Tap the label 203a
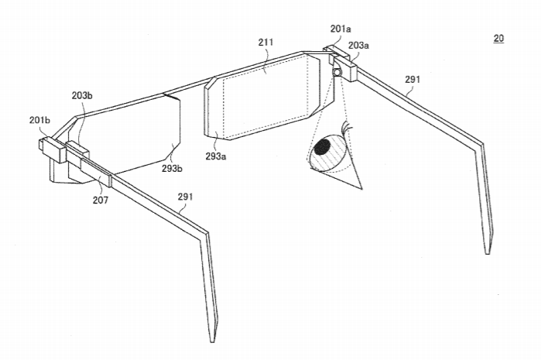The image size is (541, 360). pos(358,46)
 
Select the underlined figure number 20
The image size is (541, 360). pos(498,38)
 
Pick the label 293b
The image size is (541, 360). pos(173,166)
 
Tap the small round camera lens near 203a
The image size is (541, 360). pos(337,71)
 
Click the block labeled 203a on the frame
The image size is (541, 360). pos(344,67)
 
